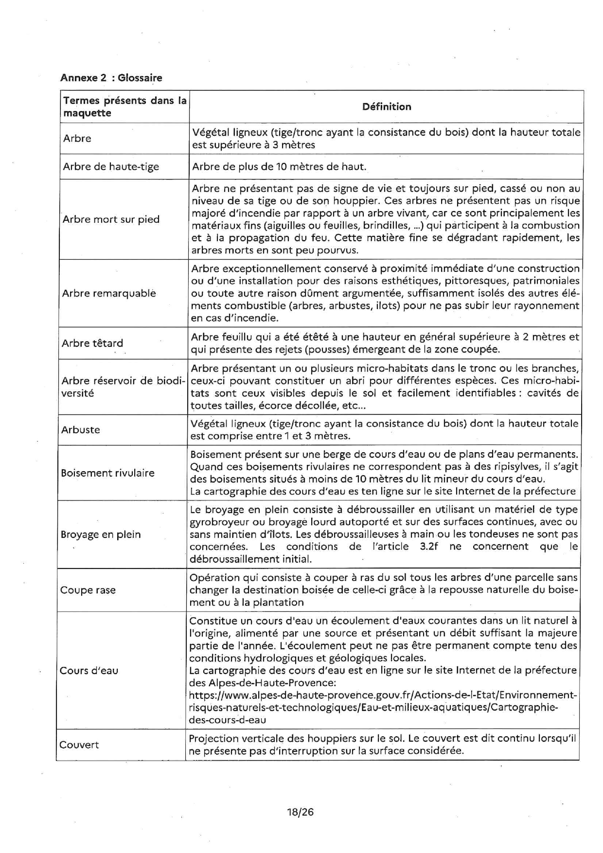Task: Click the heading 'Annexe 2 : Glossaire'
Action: tap(111, 78)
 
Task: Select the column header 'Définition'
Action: tap(387, 107)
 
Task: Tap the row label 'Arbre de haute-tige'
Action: tap(111, 167)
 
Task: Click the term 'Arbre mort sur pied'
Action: tap(111, 219)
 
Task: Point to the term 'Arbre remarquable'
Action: tap(109, 293)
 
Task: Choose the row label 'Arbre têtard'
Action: tap(92, 343)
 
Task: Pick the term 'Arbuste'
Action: tap(80, 430)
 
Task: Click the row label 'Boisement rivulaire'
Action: tap(107, 473)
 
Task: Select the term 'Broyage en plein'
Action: tap(101, 534)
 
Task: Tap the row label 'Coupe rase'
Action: tap(88, 590)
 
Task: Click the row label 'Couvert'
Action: tap(79, 745)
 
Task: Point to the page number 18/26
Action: tap(300, 812)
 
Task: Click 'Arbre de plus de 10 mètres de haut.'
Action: tap(279, 167)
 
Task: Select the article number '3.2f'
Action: tap(428, 547)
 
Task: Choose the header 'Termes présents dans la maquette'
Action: tap(124, 107)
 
